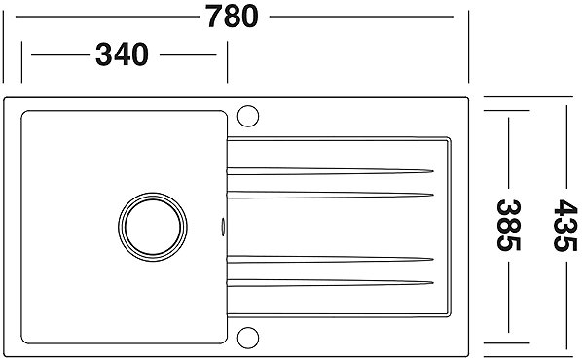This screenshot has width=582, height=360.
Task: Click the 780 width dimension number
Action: click(233, 17)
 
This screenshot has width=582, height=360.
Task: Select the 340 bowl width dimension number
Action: click(122, 54)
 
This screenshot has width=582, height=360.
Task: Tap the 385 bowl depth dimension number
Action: click(508, 226)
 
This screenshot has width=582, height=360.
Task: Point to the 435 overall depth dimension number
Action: click(565, 226)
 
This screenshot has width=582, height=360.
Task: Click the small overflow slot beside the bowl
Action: click(223, 227)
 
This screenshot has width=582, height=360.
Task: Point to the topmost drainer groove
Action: click(330, 171)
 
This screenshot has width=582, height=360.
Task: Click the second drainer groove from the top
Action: click(330, 195)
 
